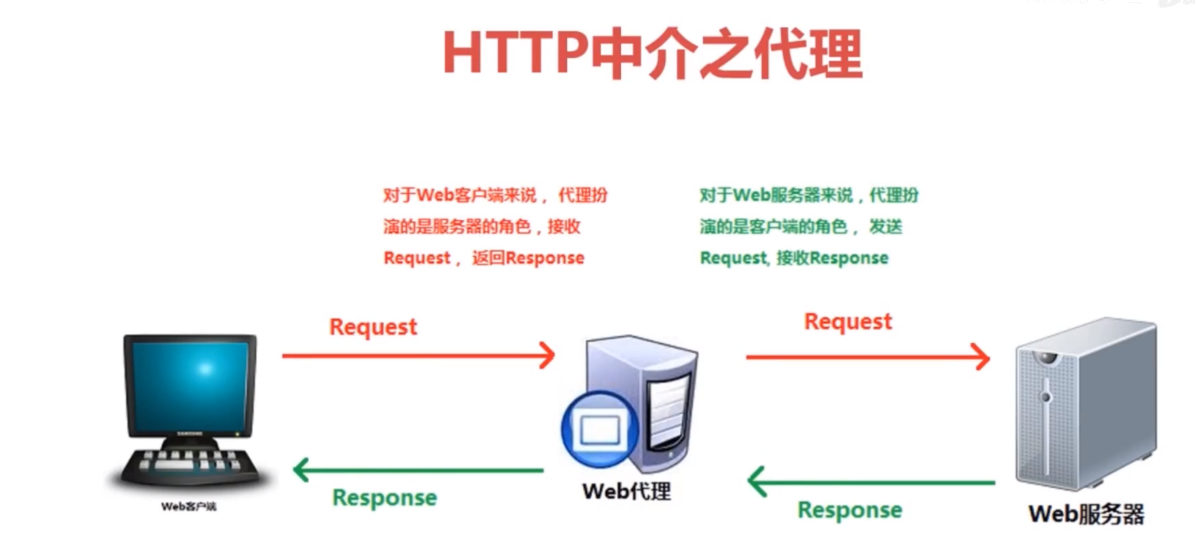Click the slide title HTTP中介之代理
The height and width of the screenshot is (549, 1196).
click(652, 54)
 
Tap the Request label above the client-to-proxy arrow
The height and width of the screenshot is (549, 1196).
click(373, 327)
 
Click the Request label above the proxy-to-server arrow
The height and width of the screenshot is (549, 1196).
click(848, 321)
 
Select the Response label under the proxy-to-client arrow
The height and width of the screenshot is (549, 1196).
click(385, 498)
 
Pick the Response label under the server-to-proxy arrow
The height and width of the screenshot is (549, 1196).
click(850, 510)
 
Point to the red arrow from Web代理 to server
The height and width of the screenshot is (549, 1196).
click(867, 357)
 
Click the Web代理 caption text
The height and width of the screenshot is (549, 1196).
click(626, 491)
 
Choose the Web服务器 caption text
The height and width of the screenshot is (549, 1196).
click(1086, 514)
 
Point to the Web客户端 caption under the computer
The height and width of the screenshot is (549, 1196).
click(189, 507)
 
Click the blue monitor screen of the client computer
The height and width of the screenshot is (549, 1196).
click(189, 386)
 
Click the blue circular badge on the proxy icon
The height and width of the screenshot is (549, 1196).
click(600, 429)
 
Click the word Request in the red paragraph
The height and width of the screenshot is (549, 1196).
click(417, 258)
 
